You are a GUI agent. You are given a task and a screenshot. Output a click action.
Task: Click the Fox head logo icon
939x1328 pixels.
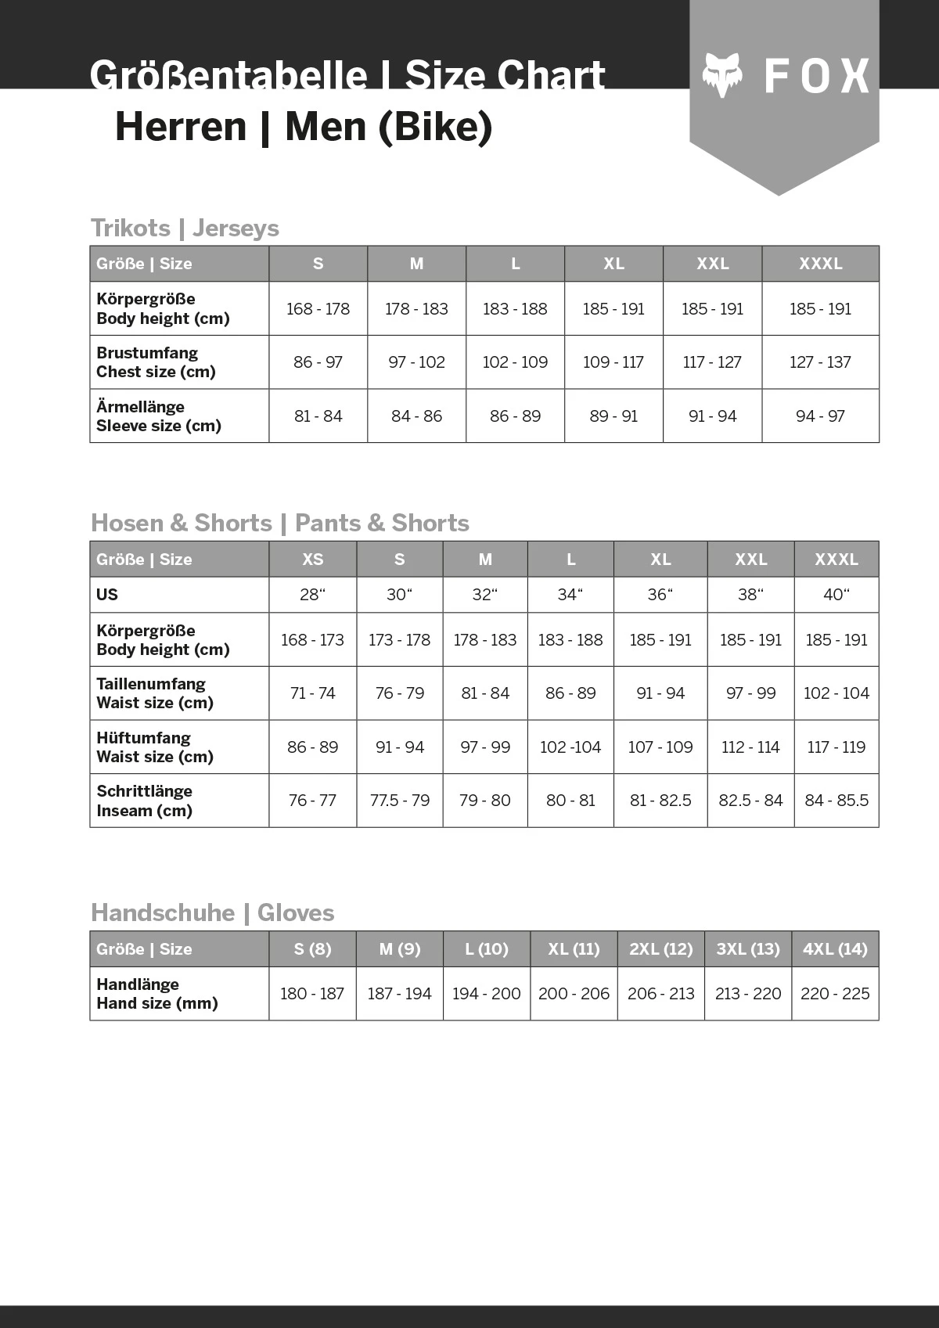point(721,75)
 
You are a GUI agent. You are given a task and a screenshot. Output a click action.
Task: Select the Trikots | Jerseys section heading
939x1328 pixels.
point(185,228)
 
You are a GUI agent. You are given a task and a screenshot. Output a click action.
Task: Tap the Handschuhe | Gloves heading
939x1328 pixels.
point(212,912)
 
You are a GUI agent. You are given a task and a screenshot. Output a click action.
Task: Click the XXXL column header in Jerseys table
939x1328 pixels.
point(820,264)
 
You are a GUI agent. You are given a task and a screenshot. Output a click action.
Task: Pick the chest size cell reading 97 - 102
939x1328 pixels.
point(416,362)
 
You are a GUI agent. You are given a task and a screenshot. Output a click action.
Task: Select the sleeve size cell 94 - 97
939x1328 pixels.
point(820,416)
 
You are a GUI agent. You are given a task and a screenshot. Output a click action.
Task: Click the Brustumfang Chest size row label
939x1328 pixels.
point(156,362)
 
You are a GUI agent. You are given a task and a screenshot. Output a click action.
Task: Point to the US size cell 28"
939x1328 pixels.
point(312,595)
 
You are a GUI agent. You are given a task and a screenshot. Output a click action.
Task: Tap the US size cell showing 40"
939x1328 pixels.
point(836,595)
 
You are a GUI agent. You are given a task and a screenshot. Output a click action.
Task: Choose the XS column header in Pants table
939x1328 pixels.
point(312,560)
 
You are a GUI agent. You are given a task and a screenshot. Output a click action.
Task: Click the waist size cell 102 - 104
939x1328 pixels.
point(836,693)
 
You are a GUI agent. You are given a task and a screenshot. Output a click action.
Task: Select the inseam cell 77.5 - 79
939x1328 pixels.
point(399,801)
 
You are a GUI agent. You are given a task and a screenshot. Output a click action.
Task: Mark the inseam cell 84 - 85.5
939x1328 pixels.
point(836,801)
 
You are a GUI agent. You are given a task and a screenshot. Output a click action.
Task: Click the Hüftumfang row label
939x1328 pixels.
point(155,747)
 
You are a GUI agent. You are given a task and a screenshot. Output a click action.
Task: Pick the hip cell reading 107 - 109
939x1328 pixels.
point(660,747)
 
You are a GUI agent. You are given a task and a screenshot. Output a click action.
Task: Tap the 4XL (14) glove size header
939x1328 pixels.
point(835,949)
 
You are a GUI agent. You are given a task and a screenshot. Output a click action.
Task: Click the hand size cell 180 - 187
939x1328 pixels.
point(312,994)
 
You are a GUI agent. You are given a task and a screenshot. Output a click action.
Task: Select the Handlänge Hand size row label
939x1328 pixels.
point(156,994)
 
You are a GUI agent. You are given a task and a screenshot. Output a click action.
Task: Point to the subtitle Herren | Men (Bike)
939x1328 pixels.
point(304,127)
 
